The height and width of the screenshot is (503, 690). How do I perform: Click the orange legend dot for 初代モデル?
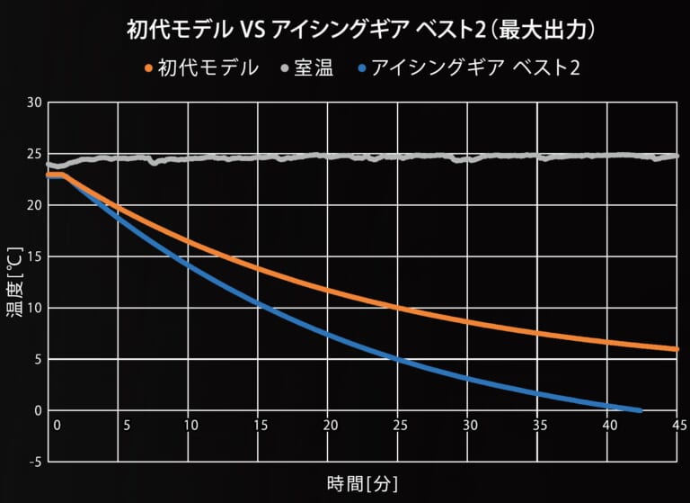[147, 67]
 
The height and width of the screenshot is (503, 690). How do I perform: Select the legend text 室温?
[314, 67]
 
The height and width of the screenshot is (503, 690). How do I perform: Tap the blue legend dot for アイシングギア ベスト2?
[361, 67]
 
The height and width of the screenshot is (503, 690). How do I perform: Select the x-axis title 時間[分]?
[362, 483]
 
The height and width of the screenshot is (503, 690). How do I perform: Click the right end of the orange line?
[677, 349]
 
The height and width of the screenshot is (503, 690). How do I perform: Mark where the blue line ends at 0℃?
[640, 410]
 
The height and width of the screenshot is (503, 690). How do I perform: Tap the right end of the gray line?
[677, 156]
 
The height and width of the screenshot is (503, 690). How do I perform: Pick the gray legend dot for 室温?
[285, 67]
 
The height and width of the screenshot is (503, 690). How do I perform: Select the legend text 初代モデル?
[208, 67]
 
